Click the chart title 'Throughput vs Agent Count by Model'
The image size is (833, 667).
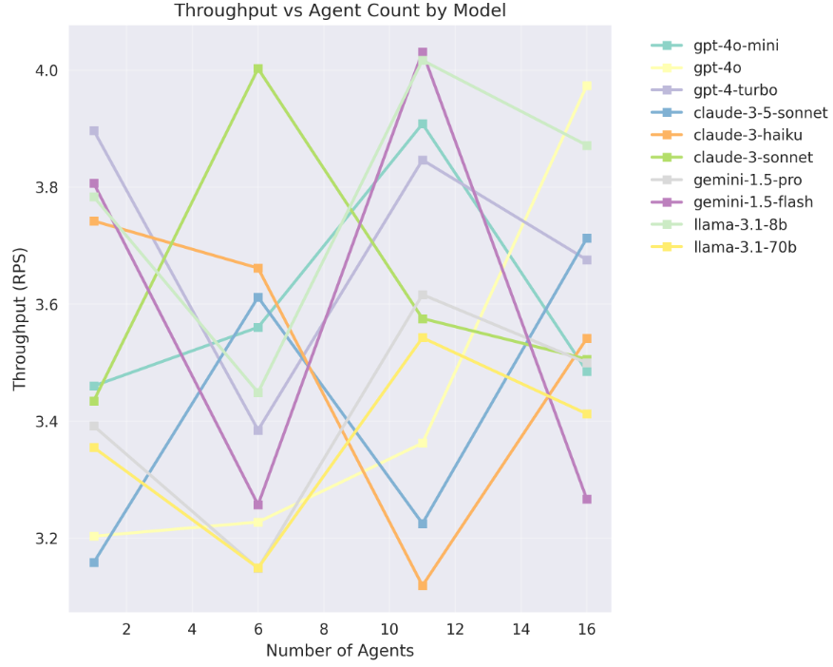339,11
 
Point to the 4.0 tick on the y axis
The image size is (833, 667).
45,70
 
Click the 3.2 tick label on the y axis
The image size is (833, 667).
45,538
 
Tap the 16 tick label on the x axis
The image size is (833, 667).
586,629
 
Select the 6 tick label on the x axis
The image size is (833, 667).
257,629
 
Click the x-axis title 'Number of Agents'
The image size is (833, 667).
339,651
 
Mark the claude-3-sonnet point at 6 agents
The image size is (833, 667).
257,69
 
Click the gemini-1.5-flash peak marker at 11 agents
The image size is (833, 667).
423,53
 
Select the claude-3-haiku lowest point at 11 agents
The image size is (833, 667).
423,585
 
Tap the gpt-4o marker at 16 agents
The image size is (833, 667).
587,86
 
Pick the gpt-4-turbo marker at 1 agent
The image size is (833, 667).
94,131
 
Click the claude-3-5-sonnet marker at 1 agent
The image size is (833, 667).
94,562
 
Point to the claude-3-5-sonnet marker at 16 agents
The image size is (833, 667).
587,238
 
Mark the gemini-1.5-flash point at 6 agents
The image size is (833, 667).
257,505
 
